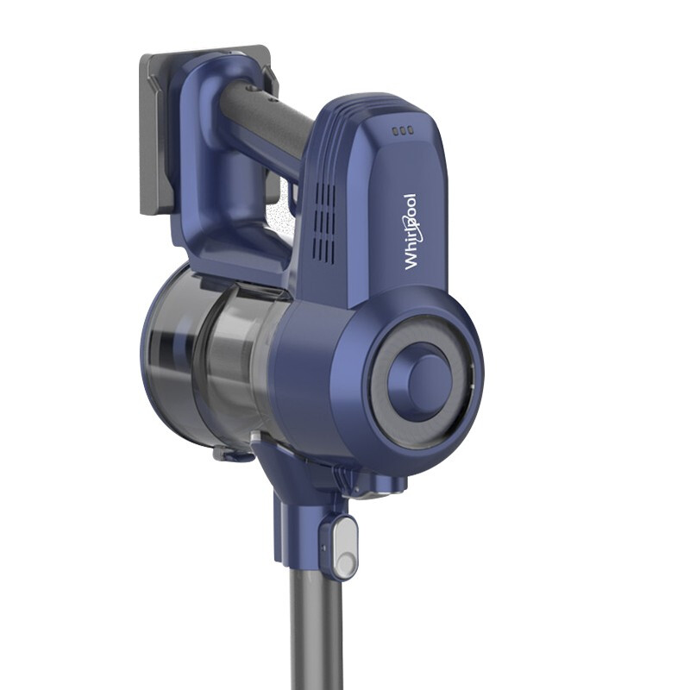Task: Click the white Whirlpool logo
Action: [411, 231]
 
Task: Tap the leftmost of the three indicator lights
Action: [395, 130]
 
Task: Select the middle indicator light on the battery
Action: [403, 130]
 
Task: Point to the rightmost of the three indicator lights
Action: [411, 130]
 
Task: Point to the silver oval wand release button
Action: [345, 548]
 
